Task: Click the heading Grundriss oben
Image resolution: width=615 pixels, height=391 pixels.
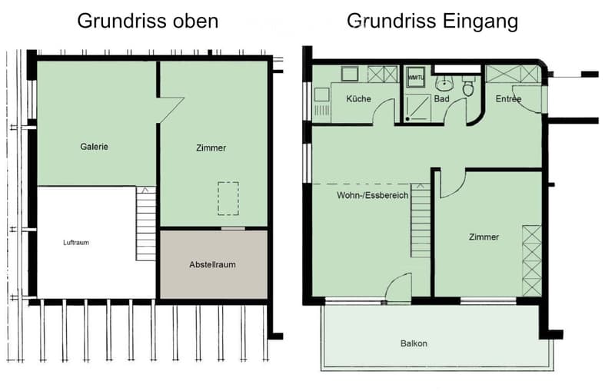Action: [x=148, y=22]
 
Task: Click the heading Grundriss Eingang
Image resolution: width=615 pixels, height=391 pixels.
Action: [x=432, y=22]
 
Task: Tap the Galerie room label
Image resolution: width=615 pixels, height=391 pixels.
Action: [x=94, y=147]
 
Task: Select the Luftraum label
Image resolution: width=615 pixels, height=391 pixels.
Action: [x=76, y=243]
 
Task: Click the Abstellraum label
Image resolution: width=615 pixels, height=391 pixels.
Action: [x=213, y=264]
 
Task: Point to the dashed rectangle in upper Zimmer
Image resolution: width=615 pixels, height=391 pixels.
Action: [x=228, y=198]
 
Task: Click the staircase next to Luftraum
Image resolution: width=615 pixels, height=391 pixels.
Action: [x=146, y=224]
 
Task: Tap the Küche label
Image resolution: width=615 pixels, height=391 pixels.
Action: [x=358, y=99]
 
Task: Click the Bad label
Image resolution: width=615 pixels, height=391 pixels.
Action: [x=441, y=99]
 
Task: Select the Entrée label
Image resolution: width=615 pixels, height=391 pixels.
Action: [x=508, y=99]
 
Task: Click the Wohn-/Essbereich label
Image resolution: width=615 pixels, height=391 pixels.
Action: [x=373, y=195]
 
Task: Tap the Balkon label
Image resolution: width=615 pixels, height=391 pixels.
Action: [x=414, y=343]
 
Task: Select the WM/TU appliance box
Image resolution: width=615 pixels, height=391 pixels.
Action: [x=415, y=77]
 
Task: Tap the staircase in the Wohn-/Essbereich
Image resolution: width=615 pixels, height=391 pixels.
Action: [x=421, y=220]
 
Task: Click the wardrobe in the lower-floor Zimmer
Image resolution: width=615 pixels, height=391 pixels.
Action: [x=532, y=260]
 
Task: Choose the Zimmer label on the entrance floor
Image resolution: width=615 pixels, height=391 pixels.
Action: [x=484, y=237]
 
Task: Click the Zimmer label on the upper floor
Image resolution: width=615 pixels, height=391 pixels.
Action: [x=211, y=147]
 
